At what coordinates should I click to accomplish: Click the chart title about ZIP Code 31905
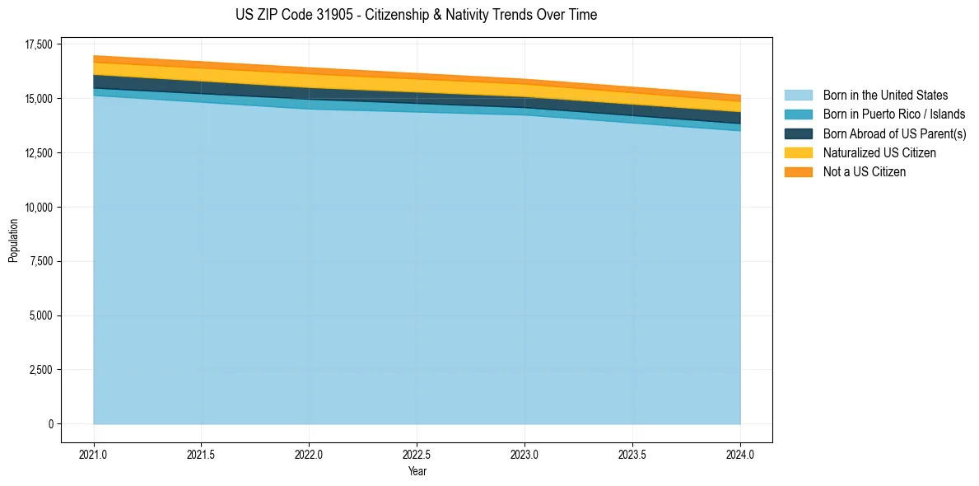(416, 15)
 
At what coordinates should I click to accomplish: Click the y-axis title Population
(13, 241)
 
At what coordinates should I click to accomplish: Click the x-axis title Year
(417, 471)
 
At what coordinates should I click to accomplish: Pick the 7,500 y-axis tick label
(38, 261)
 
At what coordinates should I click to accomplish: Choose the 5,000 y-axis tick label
(38, 315)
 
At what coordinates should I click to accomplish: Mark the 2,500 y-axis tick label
(38, 370)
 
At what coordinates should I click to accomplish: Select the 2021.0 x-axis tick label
(94, 454)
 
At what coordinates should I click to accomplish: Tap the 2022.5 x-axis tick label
(417, 454)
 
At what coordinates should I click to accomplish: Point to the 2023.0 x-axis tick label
(524, 454)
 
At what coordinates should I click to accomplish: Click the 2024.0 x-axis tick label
(740, 454)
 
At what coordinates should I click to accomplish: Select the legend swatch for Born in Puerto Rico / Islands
(798, 114)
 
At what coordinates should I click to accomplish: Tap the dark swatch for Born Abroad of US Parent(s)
(798, 133)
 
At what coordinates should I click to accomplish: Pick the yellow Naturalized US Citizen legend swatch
(798, 152)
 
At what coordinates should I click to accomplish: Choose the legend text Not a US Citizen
(864, 172)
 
